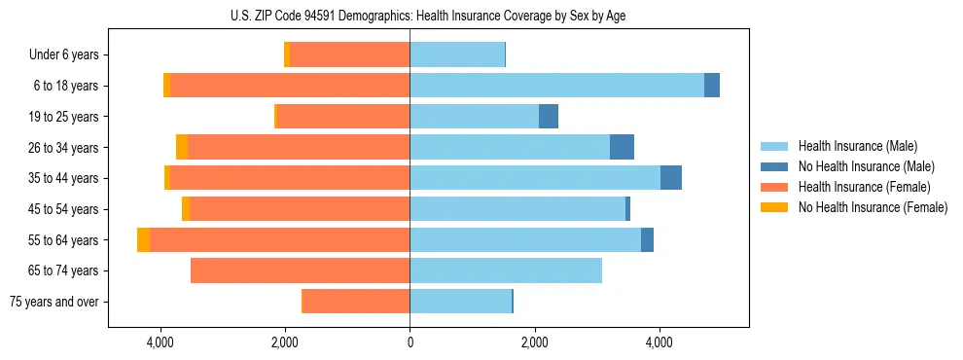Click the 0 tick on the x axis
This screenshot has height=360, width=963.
tap(410, 342)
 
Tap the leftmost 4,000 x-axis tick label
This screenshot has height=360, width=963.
tap(160, 342)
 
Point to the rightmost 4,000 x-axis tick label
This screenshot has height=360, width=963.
tap(660, 342)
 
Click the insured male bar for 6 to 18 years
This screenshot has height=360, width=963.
tap(556, 86)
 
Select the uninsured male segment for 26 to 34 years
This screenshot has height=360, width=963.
tap(622, 147)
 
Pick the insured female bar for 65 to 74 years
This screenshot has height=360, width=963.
tap(300, 270)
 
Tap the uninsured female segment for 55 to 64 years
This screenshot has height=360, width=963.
tap(143, 239)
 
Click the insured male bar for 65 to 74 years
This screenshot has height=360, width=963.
tap(506, 270)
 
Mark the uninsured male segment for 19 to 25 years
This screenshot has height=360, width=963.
tap(549, 117)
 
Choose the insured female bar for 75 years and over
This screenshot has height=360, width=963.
tap(356, 302)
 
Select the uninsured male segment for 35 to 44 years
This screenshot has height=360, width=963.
tap(671, 178)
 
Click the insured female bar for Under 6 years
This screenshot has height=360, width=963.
tap(349, 55)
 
